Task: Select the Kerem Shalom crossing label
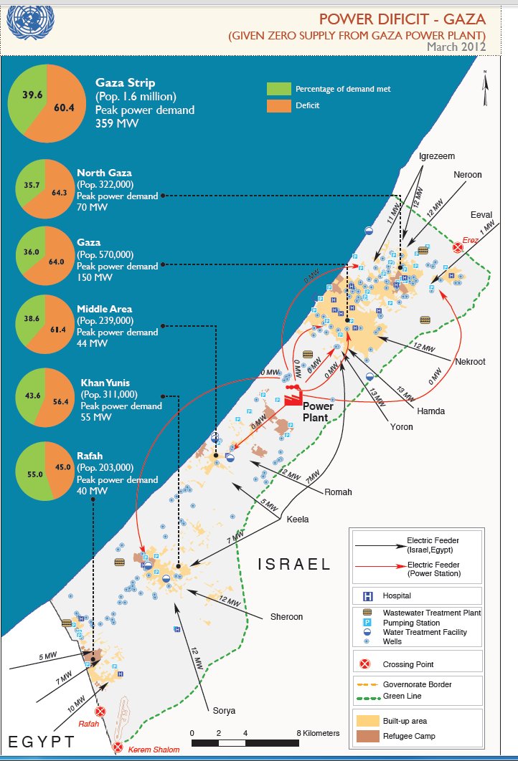pos(154,750)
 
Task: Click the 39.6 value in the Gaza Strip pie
pos(32,94)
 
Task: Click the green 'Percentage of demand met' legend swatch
pos(277,89)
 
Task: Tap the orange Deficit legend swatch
pos(277,105)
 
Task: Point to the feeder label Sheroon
pos(287,616)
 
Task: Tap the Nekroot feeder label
pos(470,362)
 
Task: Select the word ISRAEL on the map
pos(295,565)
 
